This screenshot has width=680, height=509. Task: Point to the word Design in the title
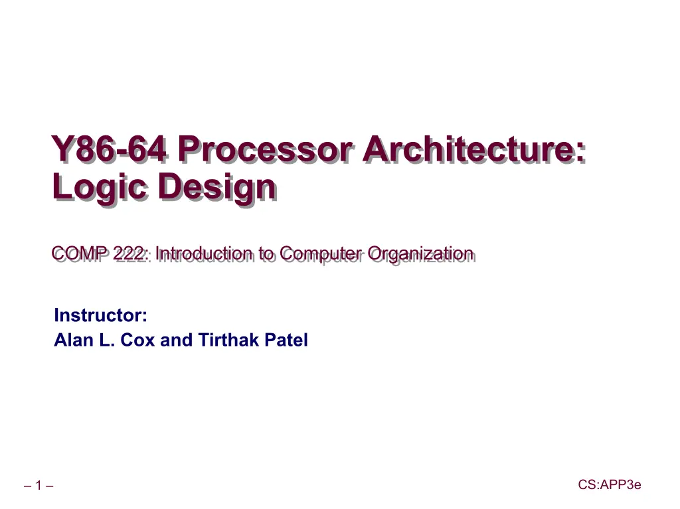point(217,187)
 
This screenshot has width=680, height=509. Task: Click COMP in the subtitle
point(80,254)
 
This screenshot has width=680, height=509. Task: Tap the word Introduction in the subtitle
point(205,254)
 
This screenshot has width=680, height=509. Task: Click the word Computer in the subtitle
point(321,254)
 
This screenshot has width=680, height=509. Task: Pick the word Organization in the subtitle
point(420,254)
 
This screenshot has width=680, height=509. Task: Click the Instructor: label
point(101,315)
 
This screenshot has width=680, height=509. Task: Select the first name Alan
point(74,340)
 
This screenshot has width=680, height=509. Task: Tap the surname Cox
point(137,340)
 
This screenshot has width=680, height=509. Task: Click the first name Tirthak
point(228,340)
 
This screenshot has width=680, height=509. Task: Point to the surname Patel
point(286,340)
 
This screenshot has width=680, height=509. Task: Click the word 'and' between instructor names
point(176,340)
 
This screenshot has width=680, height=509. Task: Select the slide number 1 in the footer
point(39,485)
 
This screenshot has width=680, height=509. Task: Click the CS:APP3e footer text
point(610,484)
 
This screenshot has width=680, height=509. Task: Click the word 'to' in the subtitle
point(266,254)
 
